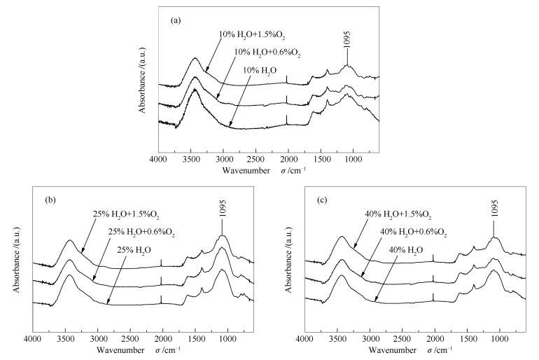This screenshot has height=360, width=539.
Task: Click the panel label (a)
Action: pos(176,20)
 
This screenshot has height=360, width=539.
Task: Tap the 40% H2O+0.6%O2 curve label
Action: pos(412,232)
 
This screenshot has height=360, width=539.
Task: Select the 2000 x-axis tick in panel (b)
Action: pos(162,339)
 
